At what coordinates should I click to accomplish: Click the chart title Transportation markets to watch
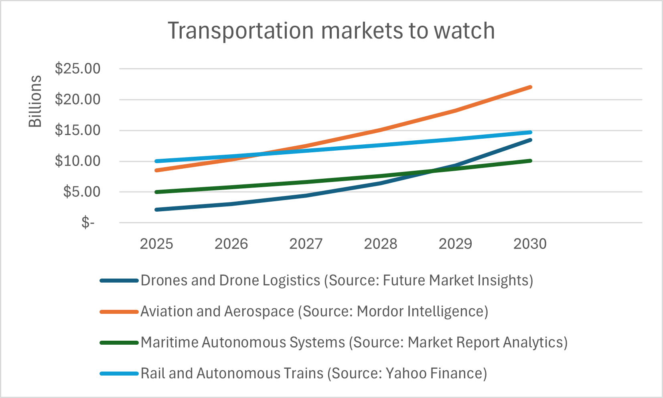click(x=331, y=31)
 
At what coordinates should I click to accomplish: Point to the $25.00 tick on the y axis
click(x=78, y=69)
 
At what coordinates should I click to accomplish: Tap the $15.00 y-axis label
click(x=78, y=130)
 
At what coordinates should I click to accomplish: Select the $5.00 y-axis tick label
click(x=82, y=192)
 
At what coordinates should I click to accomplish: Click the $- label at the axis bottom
click(x=88, y=222)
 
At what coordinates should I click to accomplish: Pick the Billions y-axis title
click(x=35, y=101)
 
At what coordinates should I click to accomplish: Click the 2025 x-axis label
click(x=156, y=244)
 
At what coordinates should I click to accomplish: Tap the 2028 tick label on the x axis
click(x=380, y=244)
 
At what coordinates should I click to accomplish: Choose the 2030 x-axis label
click(x=530, y=244)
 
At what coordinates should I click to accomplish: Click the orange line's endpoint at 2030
click(x=530, y=87)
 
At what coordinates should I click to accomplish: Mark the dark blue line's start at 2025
click(x=156, y=210)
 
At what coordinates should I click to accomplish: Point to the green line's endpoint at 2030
click(x=530, y=161)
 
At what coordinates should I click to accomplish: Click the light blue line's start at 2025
click(x=156, y=161)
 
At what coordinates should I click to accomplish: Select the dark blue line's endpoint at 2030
click(x=530, y=140)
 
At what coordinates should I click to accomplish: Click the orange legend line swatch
click(x=119, y=312)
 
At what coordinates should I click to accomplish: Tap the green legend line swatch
click(x=119, y=343)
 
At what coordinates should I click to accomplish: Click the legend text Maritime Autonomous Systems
click(x=243, y=343)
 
